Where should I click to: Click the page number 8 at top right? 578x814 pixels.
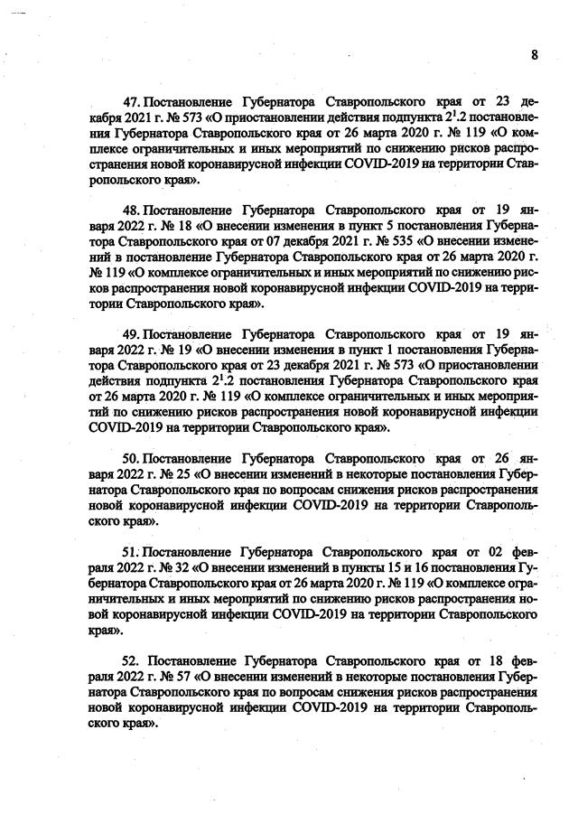pyautogui.click(x=534, y=54)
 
